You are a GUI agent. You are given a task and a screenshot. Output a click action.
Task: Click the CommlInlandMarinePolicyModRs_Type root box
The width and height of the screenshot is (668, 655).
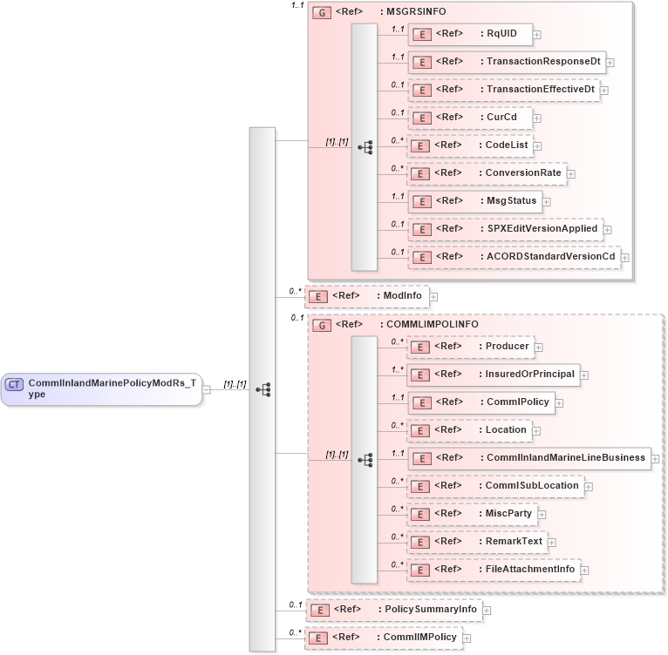[101, 388]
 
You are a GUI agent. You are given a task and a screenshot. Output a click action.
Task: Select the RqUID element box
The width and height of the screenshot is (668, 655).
[470, 34]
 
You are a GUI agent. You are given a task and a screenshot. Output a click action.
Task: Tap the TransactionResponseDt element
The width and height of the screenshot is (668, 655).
[506, 62]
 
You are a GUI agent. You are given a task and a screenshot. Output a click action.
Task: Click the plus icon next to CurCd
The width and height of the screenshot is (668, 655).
[538, 118]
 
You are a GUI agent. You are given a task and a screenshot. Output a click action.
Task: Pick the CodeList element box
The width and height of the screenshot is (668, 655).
[470, 145]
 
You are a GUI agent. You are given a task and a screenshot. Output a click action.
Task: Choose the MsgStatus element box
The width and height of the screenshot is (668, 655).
[474, 201]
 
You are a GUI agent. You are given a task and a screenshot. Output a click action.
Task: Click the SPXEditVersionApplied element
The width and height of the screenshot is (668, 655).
[505, 229]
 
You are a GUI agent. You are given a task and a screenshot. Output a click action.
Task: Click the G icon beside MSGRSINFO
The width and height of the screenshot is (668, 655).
[322, 13]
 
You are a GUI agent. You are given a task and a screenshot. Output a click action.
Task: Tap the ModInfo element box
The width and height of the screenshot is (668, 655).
[366, 296]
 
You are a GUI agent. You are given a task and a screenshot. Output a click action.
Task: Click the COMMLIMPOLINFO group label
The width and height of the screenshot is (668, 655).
[421, 325]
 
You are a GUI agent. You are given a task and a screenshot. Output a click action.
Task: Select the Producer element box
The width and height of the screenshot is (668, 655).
[471, 347]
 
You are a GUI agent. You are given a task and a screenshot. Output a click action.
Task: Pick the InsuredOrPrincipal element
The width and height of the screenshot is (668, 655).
[494, 375]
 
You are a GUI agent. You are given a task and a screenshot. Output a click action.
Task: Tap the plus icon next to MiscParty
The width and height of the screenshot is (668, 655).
[541, 514]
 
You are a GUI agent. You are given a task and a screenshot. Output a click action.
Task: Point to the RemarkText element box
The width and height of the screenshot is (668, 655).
[477, 542]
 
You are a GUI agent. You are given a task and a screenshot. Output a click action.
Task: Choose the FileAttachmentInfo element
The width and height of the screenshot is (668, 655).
[494, 570]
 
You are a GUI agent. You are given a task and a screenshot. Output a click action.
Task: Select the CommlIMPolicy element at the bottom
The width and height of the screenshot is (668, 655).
[383, 638]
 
